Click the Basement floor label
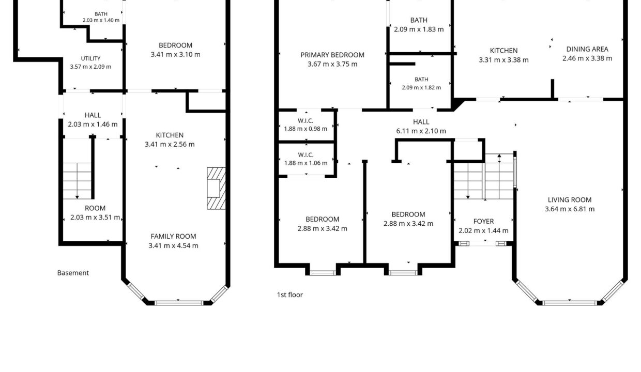[73, 273]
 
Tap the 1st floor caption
[289, 295]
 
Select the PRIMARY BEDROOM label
[332, 55]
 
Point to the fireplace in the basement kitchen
[216, 188]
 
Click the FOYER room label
[484, 221]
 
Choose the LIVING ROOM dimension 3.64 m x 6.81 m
[570, 209]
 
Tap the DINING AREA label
[587, 49]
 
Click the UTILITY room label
[90, 58]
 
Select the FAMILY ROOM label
[173, 237]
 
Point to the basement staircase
[77, 181]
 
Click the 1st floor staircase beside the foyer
[484, 177]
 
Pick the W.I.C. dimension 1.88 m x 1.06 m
[306, 163]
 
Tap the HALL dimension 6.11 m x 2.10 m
[421, 131]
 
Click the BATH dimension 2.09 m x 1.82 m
[421, 88]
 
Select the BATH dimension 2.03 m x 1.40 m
[101, 20]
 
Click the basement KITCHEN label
[170, 135]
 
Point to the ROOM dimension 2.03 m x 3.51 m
[95, 218]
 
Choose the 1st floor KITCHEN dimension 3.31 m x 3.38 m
[503, 60]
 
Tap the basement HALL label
[93, 115]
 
